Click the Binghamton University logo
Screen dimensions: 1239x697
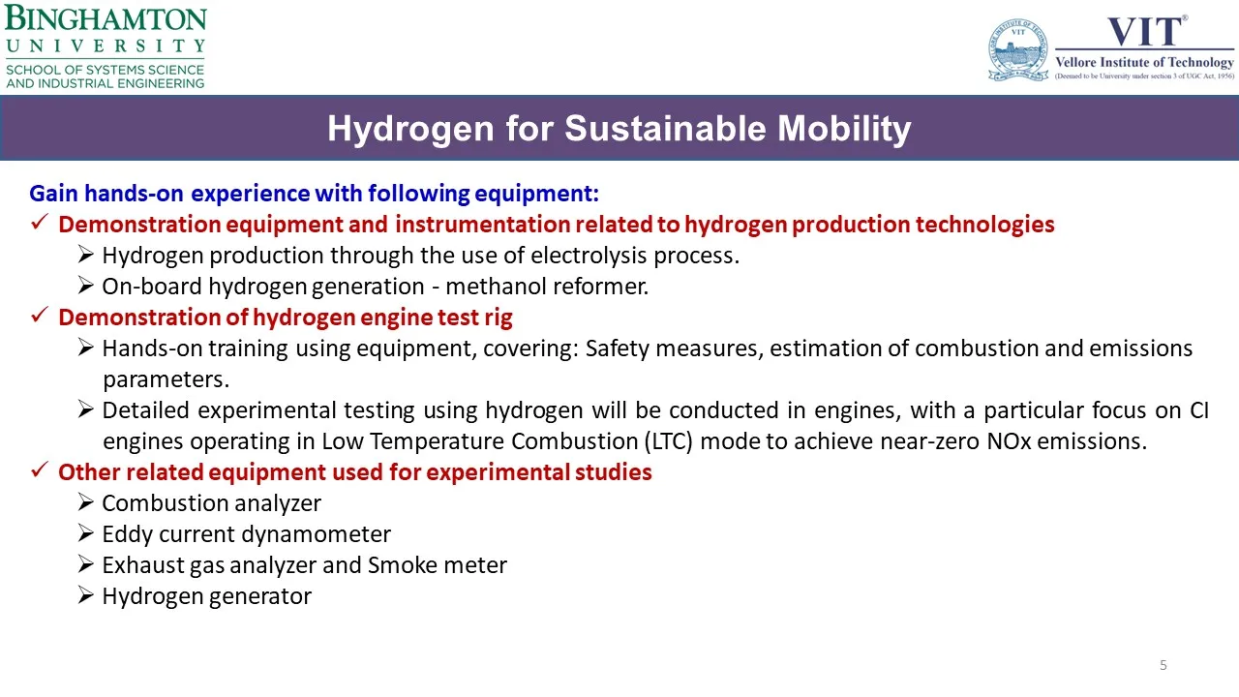tap(106, 46)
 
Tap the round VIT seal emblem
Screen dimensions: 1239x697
tap(1018, 49)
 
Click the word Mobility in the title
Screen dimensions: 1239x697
tap(844, 129)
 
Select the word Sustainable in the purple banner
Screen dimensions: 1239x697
tap(665, 129)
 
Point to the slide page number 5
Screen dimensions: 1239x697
tap(1163, 665)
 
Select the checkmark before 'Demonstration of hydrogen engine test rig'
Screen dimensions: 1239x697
tap(40, 316)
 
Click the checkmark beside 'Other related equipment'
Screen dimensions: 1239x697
tap(40, 470)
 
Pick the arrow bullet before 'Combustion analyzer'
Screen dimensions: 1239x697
tap(86, 502)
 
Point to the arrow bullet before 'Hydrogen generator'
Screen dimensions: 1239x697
tap(86, 595)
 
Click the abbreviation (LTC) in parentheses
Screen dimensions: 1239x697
tap(668, 441)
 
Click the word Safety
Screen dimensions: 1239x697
tap(617, 348)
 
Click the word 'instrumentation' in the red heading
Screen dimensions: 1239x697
tap(482, 225)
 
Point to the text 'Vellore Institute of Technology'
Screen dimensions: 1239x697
tap(1144, 62)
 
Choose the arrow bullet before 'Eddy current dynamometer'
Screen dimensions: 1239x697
tap(86, 533)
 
